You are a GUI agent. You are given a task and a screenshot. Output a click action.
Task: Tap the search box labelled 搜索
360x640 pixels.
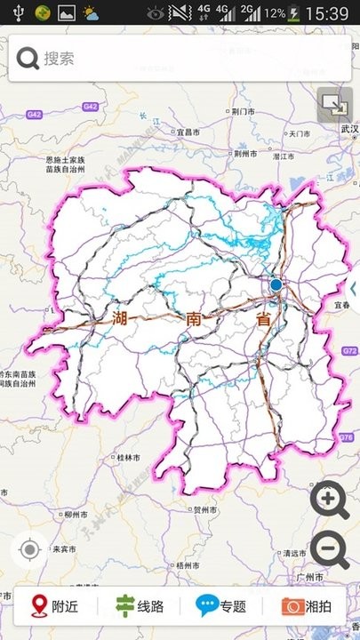178,59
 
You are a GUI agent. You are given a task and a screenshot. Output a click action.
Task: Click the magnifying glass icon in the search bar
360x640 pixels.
28,59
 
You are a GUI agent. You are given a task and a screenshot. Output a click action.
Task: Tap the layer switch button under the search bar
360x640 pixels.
333,106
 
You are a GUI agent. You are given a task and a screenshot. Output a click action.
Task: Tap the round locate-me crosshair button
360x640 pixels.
29,550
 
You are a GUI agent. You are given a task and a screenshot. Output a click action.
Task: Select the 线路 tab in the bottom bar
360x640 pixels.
140,607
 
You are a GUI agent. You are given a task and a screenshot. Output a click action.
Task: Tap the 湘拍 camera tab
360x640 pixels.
307,607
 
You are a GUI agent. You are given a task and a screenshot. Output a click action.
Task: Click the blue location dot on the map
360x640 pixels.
276,285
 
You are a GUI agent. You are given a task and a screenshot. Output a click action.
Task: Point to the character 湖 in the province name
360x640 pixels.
122,318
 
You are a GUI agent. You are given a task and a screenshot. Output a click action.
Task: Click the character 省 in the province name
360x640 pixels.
263,321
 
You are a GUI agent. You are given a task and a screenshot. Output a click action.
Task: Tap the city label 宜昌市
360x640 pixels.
187,132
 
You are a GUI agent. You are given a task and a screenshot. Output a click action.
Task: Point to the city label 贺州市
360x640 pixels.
206,509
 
